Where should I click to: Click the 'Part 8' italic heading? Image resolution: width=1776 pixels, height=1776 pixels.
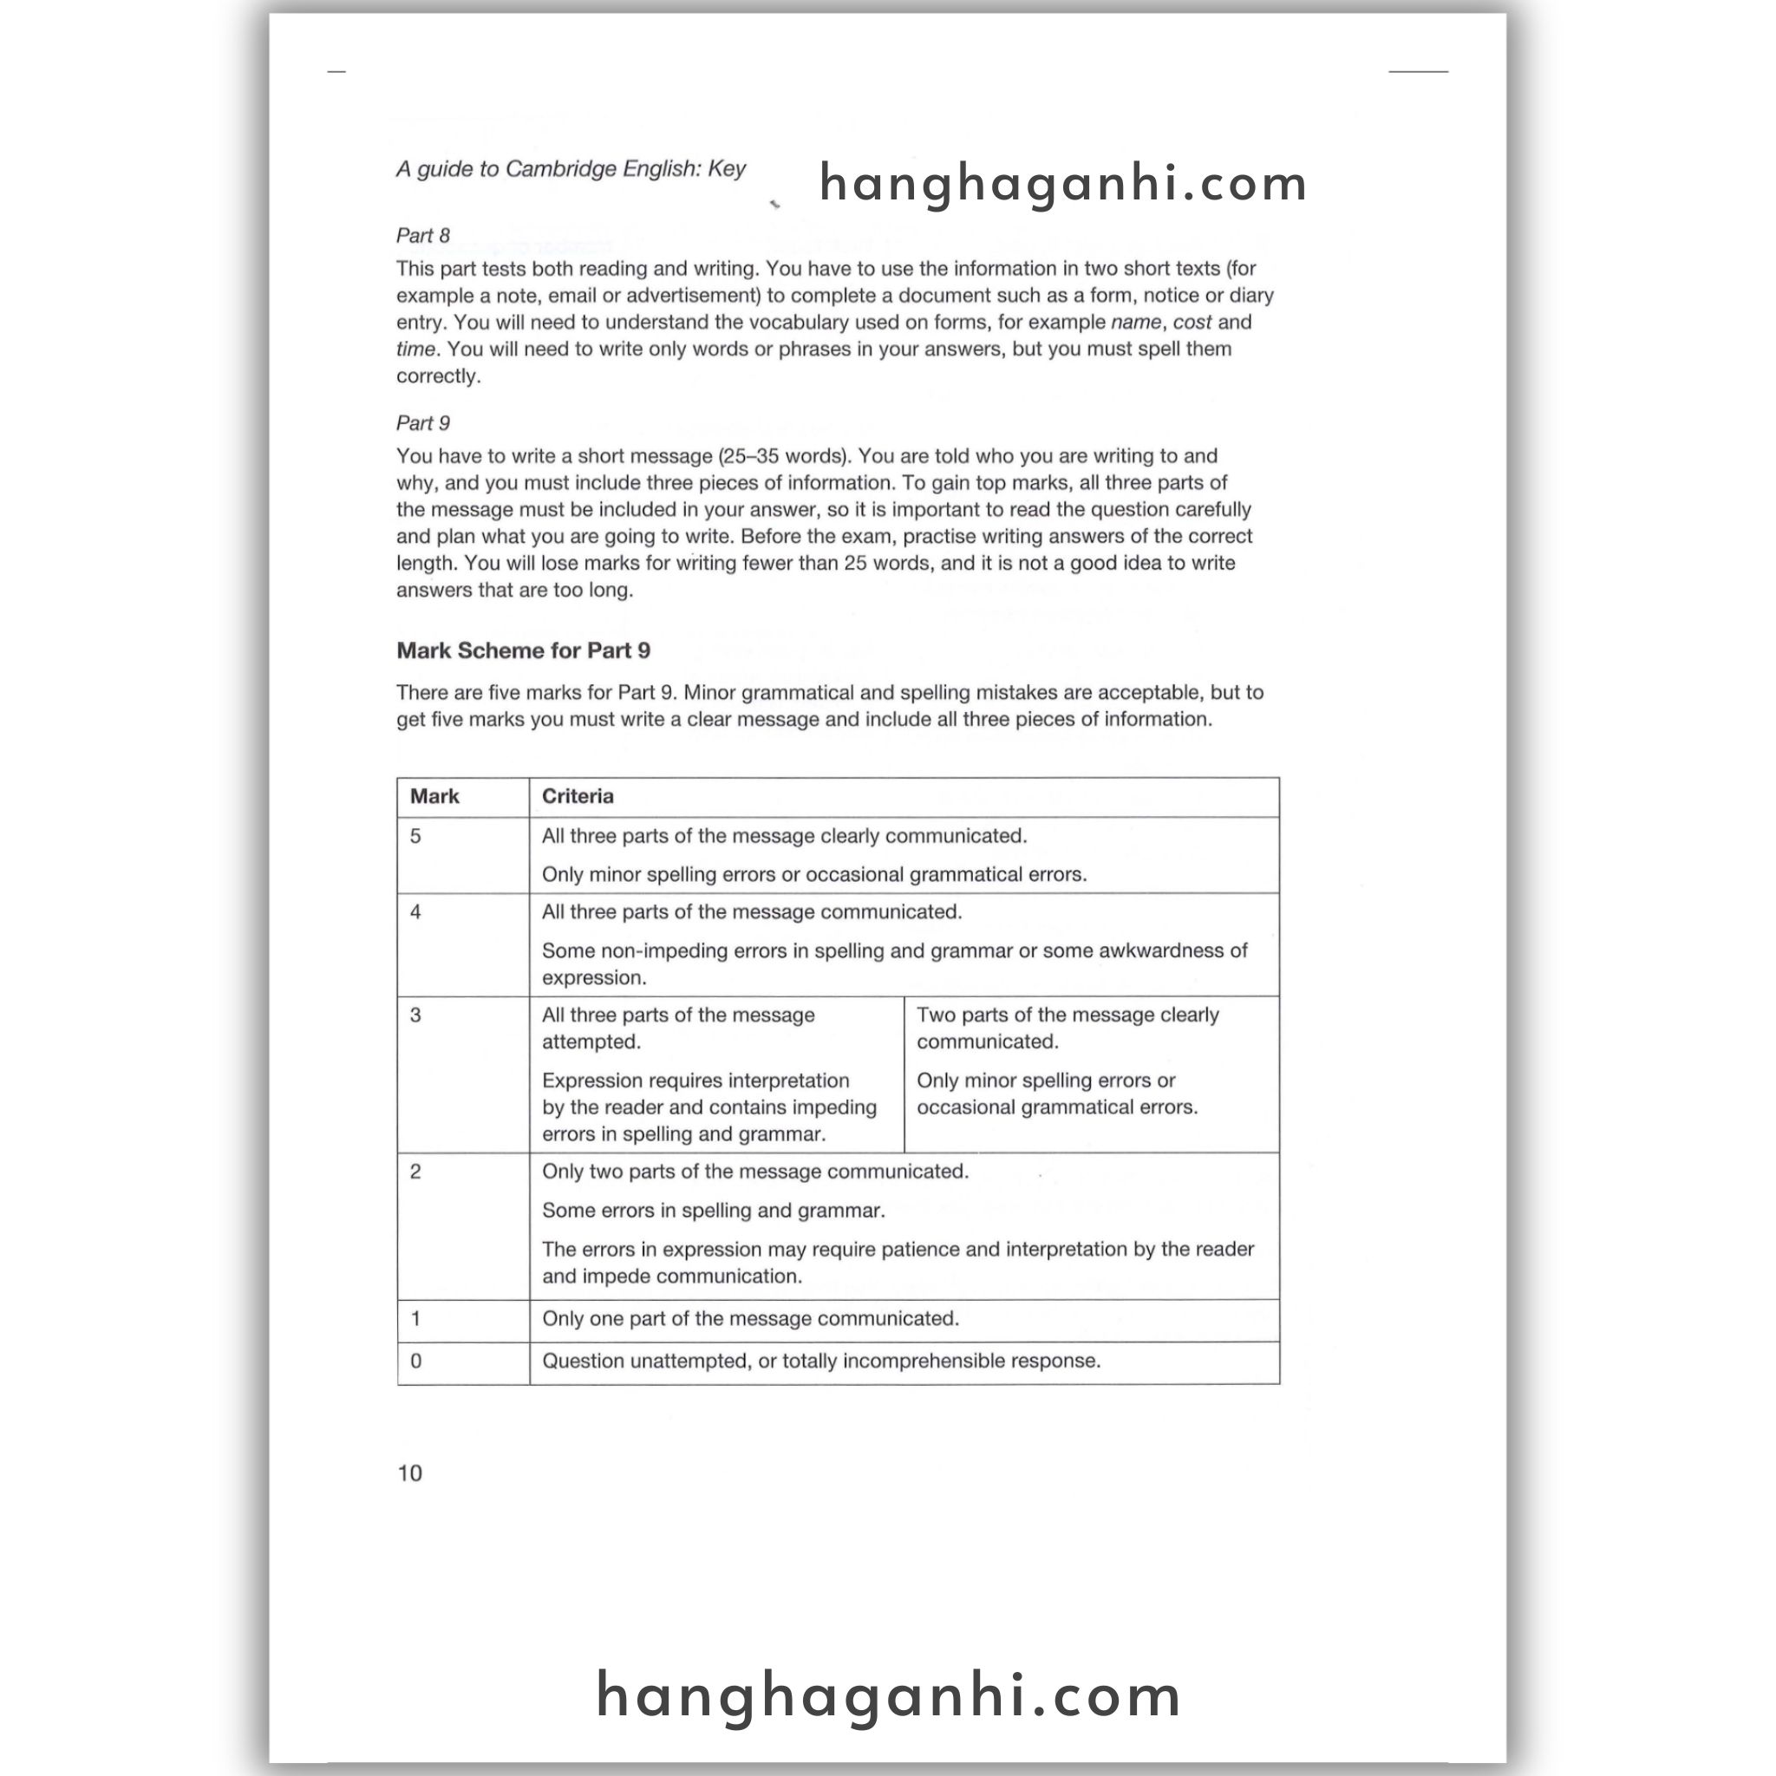(423, 235)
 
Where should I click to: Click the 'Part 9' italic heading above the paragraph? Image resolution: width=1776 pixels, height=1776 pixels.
(423, 423)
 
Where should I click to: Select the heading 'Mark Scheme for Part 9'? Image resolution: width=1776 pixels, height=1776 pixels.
(523, 651)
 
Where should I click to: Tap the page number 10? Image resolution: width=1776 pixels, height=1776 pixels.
(409, 1472)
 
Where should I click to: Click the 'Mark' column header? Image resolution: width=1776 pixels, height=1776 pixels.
(434, 796)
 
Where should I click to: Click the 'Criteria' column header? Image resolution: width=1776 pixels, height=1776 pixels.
(578, 796)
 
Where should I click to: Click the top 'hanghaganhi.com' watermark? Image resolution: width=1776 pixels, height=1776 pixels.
(1062, 183)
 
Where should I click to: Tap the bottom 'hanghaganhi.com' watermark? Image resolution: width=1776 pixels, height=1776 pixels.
(888, 1695)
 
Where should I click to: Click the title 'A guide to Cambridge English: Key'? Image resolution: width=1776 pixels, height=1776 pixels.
(571, 169)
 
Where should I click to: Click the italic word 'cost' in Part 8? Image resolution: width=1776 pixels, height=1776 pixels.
(1192, 323)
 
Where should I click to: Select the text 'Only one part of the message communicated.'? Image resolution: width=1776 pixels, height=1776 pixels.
(750, 1319)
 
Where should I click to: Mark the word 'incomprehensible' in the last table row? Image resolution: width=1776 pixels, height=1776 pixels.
(924, 1361)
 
